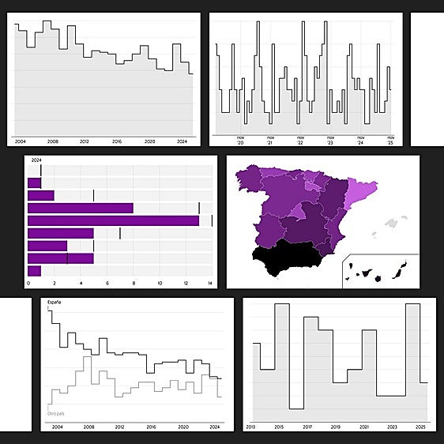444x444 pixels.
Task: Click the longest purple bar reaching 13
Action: click(x=113, y=220)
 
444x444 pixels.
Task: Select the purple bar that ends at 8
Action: click(x=80, y=208)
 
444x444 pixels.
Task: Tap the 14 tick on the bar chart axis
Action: click(x=210, y=283)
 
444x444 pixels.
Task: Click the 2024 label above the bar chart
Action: click(x=36, y=160)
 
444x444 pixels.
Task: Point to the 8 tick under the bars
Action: click(x=134, y=283)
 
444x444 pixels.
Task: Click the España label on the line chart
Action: click(x=54, y=303)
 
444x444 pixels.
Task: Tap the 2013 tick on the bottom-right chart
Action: click(x=251, y=427)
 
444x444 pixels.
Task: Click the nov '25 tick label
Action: click(x=389, y=141)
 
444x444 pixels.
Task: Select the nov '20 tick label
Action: click(x=240, y=141)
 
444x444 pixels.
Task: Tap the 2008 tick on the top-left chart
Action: click(x=52, y=141)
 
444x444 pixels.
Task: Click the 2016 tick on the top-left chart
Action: click(x=117, y=141)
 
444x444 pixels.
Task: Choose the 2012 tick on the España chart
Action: click(x=120, y=427)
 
